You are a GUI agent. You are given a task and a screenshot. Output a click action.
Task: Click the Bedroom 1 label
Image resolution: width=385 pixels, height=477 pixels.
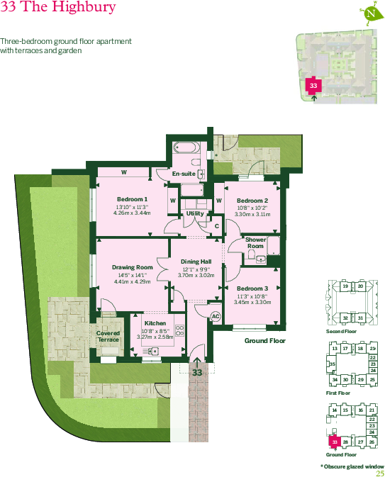[132, 199]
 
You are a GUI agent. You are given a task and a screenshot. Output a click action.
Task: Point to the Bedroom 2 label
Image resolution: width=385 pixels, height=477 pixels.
[252, 201]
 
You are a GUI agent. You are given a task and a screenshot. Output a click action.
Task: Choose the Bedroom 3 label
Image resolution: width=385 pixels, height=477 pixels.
[252, 288]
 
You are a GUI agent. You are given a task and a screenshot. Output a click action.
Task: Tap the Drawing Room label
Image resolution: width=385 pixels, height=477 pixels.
[133, 267]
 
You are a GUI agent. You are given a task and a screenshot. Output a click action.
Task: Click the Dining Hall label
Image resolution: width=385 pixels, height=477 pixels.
[195, 262]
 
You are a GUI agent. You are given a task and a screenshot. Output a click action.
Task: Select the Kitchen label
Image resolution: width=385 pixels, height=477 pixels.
[155, 323]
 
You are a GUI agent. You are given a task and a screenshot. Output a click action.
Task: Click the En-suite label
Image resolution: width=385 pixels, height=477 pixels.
[184, 174]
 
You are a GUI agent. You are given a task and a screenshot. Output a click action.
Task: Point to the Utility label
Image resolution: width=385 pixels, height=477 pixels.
[195, 213]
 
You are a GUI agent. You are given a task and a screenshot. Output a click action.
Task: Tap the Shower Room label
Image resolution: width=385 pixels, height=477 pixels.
[256, 242]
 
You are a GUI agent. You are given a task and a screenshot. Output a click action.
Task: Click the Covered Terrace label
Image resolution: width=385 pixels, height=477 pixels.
[108, 336]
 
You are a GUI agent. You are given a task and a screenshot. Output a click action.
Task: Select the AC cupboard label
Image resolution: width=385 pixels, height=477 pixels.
[216, 316]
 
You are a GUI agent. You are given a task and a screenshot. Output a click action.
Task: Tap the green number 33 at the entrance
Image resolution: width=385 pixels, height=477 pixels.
[197, 371]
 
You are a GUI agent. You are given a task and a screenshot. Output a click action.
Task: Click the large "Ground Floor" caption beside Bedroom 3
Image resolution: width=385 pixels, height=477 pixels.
[264, 341]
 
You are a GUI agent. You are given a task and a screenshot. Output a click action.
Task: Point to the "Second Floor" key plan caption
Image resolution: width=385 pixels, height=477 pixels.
[340, 331]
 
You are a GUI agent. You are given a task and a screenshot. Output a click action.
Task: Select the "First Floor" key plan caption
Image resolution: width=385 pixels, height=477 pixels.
[338, 393]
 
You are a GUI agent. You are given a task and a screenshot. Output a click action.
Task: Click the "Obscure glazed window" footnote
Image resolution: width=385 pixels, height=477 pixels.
[352, 466]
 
